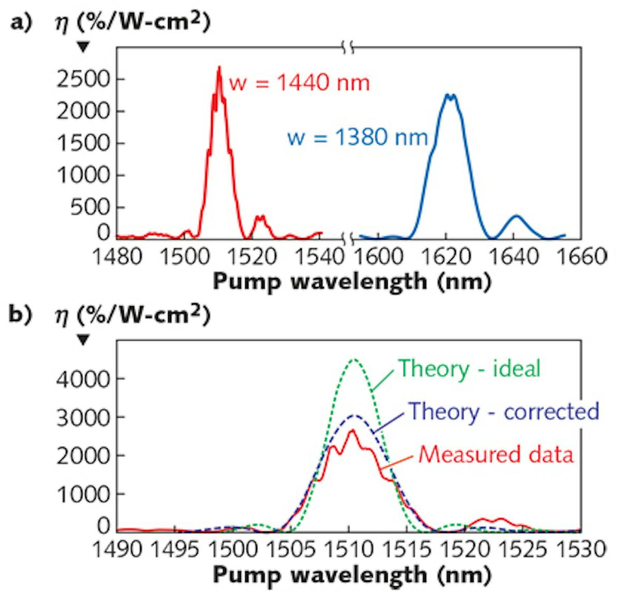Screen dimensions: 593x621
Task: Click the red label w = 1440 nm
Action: tap(299, 83)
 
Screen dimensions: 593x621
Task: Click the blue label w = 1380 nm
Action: tap(358, 138)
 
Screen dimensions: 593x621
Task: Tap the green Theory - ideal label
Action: tap(469, 369)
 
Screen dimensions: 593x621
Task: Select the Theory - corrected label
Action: tap(504, 411)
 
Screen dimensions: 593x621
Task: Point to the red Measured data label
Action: tap(496, 454)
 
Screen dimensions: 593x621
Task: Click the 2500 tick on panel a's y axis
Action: tap(83, 79)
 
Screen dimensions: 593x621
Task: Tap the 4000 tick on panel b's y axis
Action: tap(83, 379)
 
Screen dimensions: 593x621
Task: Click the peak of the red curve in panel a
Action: tap(219, 67)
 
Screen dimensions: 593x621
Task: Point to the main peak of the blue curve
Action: tap(451, 95)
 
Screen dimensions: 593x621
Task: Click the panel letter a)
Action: tap(21, 23)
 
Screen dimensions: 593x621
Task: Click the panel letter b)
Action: tap(21, 316)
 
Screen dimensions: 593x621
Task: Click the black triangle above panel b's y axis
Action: tap(83, 340)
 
